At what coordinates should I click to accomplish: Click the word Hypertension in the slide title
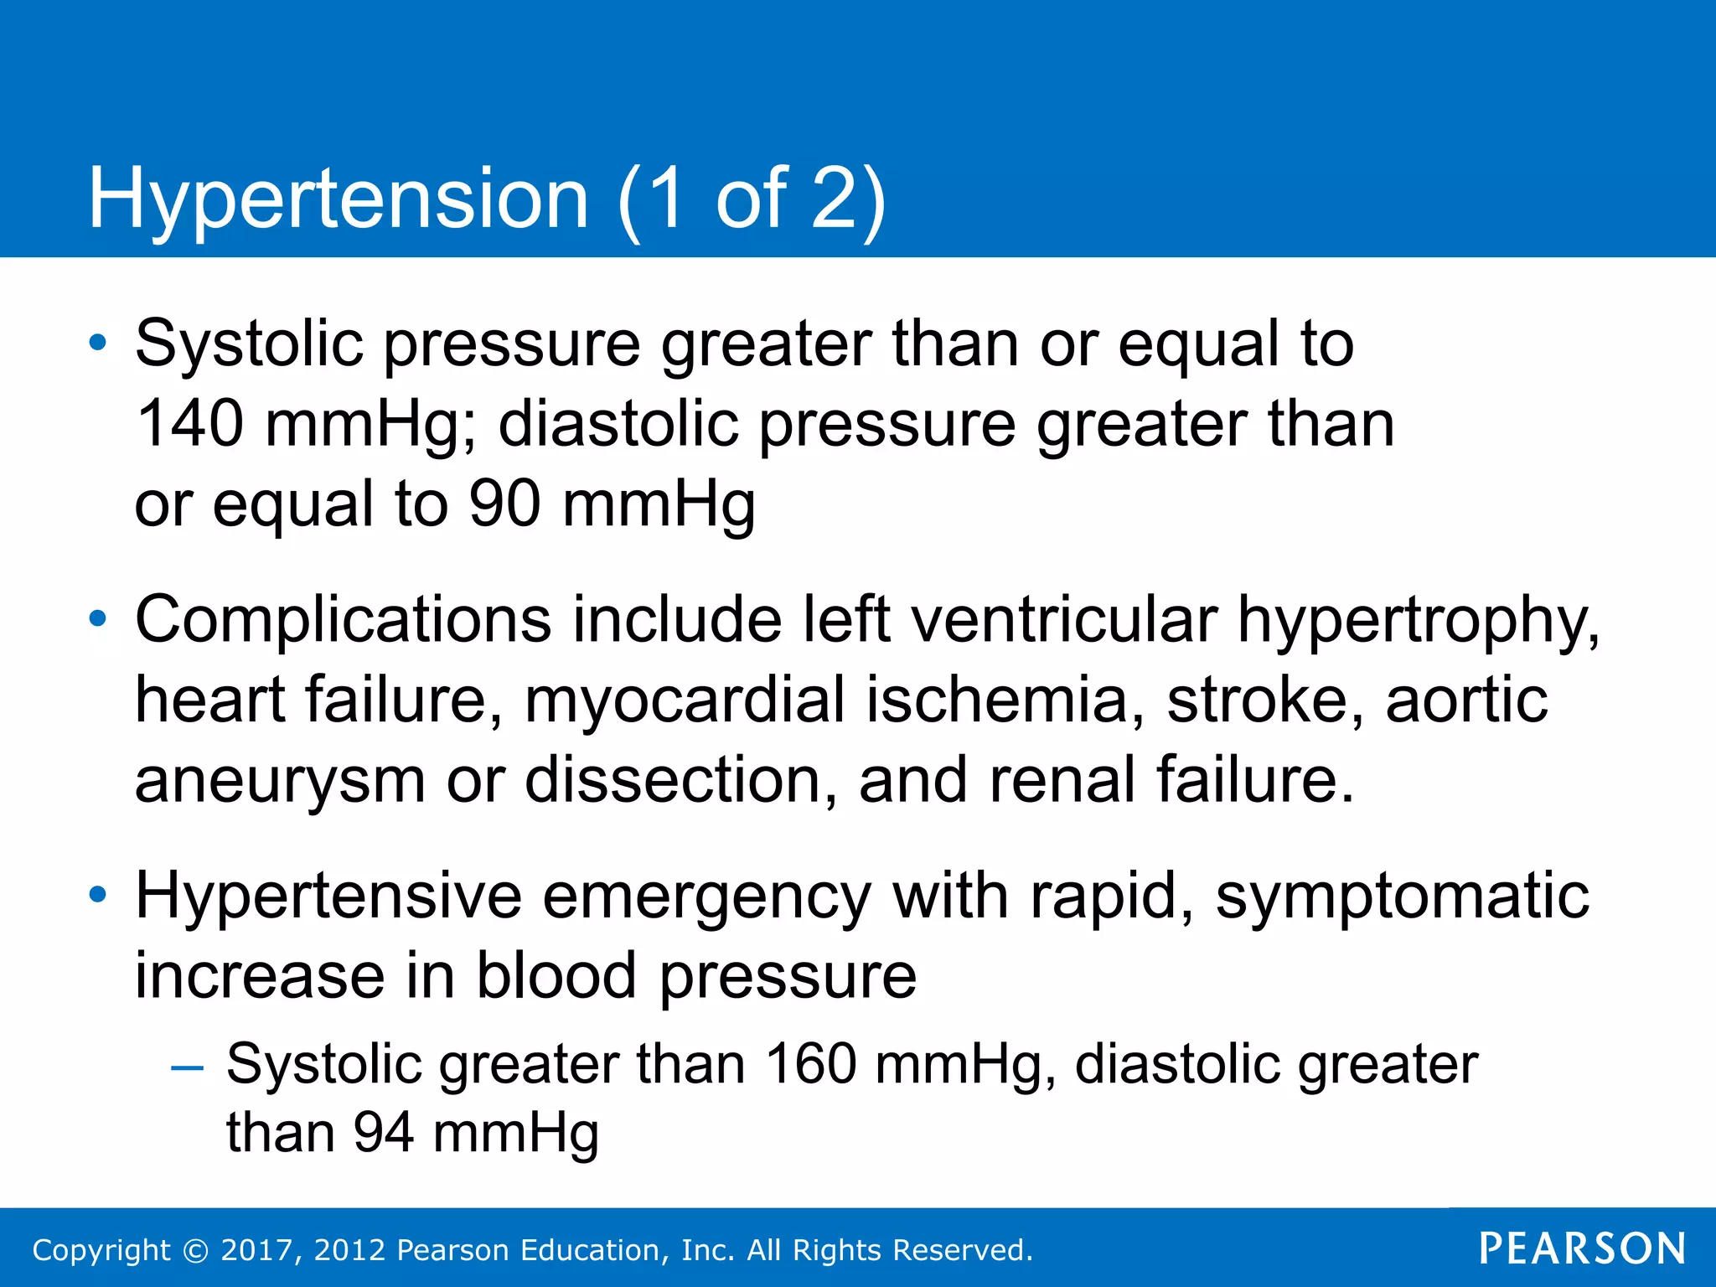coord(339,199)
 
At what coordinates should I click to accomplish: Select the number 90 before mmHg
coord(504,504)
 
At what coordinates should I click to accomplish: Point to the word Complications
coord(344,620)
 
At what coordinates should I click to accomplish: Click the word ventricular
coord(1063,620)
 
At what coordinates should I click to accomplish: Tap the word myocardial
coord(685,700)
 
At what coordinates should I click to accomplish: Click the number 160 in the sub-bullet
coord(810,1064)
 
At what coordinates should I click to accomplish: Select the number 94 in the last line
coord(383,1133)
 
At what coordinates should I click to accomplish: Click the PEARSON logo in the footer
coord(1582,1248)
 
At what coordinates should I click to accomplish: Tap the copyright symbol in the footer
coord(195,1250)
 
